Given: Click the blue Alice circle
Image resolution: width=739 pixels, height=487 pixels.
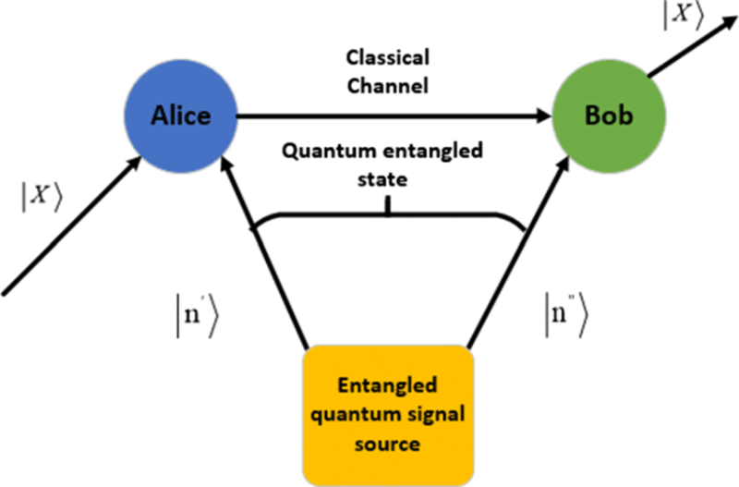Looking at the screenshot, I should click(x=181, y=116).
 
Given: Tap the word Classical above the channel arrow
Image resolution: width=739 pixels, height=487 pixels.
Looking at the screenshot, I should click(x=387, y=58).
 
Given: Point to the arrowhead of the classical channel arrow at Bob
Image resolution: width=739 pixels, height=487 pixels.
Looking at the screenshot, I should click(x=542, y=116).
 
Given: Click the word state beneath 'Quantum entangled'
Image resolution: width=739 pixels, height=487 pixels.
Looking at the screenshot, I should click(x=388, y=178).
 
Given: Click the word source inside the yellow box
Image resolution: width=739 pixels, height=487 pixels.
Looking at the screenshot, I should click(x=389, y=443).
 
